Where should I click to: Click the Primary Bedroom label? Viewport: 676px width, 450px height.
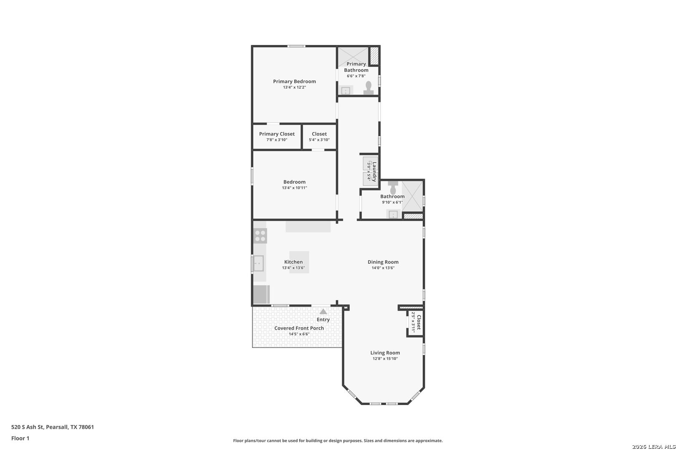point(294,81)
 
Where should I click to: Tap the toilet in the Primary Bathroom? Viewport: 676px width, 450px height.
point(368,88)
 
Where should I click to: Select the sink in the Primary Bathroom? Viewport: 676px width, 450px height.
point(346,90)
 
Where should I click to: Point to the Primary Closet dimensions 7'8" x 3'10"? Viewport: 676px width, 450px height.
point(277,140)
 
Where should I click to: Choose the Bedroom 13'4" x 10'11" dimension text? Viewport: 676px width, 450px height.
point(294,188)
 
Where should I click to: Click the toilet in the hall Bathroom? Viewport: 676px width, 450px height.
point(393,188)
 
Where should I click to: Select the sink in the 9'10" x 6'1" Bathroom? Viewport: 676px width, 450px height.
point(393,214)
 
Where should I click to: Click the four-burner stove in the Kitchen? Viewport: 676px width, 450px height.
point(260,236)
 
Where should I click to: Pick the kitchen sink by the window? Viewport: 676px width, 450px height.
point(258,263)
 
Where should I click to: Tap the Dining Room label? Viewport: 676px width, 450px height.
point(383,262)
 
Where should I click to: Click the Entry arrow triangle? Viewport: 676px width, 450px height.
point(323,312)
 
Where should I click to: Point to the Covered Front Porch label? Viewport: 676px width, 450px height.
point(299,328)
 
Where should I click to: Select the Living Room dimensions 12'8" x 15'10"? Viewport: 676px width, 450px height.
point(385,359)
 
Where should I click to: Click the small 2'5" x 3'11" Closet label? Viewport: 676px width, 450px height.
point(419,322)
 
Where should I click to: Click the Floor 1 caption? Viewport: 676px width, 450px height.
point(20,438)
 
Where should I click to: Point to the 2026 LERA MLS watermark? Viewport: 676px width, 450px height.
point(653,447)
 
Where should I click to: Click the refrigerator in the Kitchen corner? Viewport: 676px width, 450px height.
point(261,294)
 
